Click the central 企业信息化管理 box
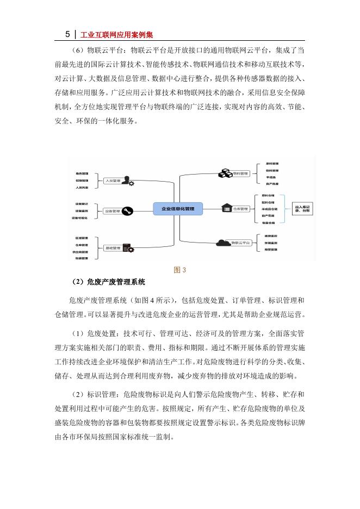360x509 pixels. point(178,208)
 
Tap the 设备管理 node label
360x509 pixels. point(113,210)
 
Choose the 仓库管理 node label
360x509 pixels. point(240,208)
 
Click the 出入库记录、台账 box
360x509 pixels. point(302,208)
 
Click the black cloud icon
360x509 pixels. point(222,243)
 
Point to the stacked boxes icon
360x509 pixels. point(225,173)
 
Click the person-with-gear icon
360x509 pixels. point(128,181)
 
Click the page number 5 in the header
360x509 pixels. point(67,34)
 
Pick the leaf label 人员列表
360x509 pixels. point(83,187)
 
